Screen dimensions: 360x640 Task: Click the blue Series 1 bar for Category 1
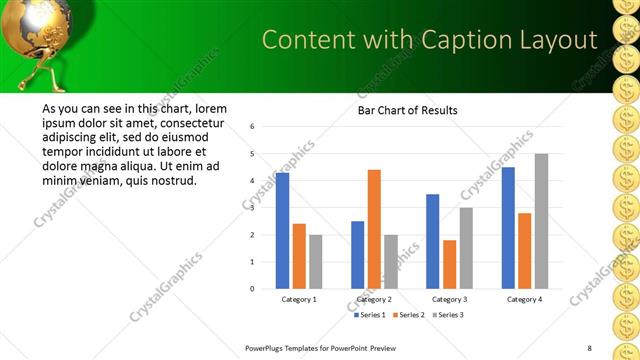click(x=282, y=231)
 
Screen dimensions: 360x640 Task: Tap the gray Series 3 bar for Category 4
click(x=541, y=221)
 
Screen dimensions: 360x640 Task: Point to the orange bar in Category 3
click(x=449, y=264)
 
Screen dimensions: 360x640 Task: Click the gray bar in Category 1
click(x=316, y=262)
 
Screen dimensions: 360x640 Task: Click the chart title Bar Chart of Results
click(x=408, y=110)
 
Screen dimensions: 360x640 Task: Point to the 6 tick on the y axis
click(x=252, y=127)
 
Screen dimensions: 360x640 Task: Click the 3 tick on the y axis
click(x=252, y=208)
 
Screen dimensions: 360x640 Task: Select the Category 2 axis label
click(x=374, y=299)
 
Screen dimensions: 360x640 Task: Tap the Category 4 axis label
click(x=524, y=299)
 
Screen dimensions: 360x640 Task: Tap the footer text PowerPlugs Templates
click(x=290, y=348)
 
